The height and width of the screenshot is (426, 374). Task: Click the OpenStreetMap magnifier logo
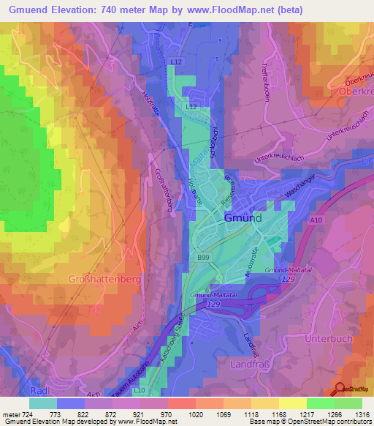(x=340, y=389)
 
